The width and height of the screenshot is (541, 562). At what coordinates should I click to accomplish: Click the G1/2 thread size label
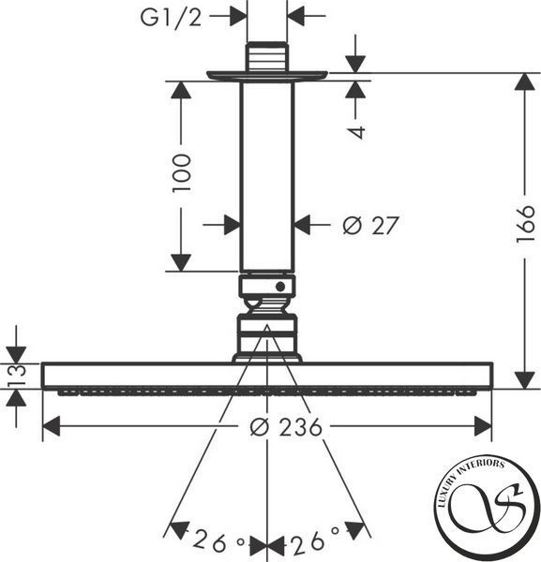[x=171, y=17]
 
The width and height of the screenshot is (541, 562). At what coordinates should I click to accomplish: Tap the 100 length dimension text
[x=182, y=173]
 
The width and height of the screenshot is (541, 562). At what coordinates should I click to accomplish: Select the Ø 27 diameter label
[x=370, y=225]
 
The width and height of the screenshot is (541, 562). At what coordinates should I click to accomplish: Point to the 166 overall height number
[x=526, y=224]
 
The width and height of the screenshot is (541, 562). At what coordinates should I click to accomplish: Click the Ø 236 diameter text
[x=286, y=427]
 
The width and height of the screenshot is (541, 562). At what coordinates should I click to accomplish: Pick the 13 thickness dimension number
[x=17, y=375]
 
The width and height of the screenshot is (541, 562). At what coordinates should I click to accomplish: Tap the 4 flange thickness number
[x=356, y=132]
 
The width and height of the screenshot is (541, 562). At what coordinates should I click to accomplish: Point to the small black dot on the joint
[x=280, y=287]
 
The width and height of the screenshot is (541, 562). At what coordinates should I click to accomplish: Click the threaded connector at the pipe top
[x=267, y=56]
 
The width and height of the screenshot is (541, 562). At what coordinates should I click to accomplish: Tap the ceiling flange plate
[x=267, y=76]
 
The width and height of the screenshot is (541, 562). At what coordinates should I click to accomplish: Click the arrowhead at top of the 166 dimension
[x=525, y=81]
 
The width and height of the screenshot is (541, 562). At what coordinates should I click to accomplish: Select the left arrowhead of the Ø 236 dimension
[x=52, y=426]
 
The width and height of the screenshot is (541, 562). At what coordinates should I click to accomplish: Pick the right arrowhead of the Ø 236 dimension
[x=483, y=426]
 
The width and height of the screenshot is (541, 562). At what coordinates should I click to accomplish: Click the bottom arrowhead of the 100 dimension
[x=181, y=262]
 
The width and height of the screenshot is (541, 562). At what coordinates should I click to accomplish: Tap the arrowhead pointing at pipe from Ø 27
[x=302, y=225]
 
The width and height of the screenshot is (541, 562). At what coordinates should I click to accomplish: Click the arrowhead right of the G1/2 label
[x=238, y=16]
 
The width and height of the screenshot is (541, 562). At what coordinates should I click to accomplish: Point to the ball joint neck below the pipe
[x=267, y=305]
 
